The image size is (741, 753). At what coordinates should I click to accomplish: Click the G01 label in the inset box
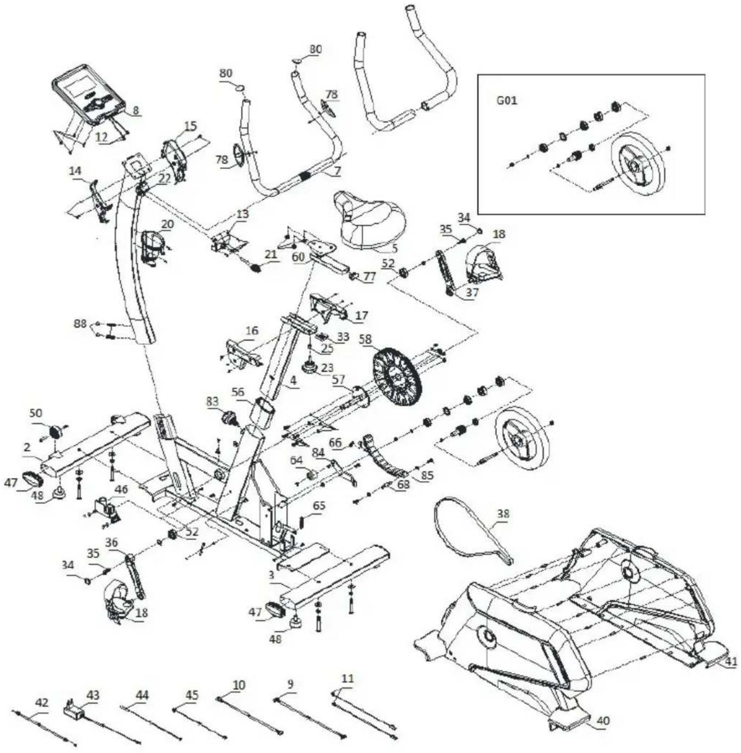pyautogui.click(x=506, y=100)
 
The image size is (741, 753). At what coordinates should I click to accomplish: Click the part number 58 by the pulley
pyautogui.click(x=366, y=340)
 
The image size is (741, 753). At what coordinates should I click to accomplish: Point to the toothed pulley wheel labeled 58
pyautogui.click(x=397, y=375)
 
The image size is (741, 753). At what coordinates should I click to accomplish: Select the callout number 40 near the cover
pyautogui.click(x=603, y=721)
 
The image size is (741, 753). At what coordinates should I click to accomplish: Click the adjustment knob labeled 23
pyautogui.click(x=312, y=368)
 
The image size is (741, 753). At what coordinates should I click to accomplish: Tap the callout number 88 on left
pyautogui.click(x=80, y=324)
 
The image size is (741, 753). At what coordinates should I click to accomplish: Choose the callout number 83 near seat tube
pyautogui.click(x=212, y=401)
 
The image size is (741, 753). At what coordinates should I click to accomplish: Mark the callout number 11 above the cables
pyautogui.click(x=347, y=679)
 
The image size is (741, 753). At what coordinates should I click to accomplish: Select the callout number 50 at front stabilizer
pyautogui.click(x=36, y=413)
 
